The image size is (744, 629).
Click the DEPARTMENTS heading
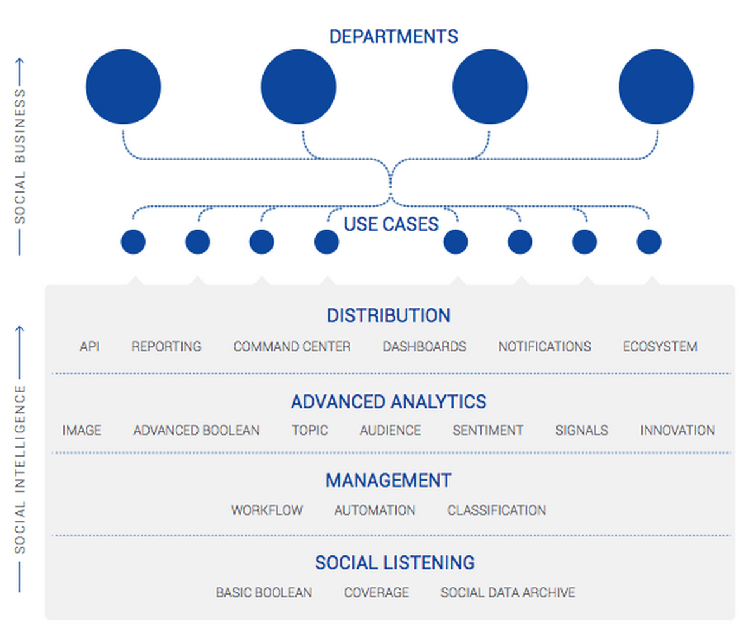pos(394,37)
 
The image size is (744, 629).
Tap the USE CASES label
pos(391,224)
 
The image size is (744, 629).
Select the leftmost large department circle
pos(124,87)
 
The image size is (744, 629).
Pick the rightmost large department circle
pos(656,87)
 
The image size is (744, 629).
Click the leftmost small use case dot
pos(133,242)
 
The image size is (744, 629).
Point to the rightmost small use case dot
pos(649,242)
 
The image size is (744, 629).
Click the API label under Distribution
pos(90,347)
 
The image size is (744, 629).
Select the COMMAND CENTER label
pos(292,347)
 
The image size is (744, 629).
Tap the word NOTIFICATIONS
pos(545,347)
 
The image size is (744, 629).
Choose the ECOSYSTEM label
pos(660,347)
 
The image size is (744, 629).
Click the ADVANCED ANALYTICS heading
pos(388,401)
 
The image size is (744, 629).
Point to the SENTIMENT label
pos(488,430)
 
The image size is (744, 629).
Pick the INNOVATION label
pos(677,430)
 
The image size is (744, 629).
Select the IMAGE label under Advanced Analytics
pos(82,430)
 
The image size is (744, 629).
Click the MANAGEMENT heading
pos(388,481)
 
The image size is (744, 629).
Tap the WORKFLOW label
pos(267,510)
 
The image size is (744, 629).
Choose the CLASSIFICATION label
pos(496,510)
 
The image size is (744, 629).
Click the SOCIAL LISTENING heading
pos(395,562)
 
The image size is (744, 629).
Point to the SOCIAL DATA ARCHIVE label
pos(508,592)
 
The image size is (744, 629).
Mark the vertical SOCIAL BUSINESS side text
pos(20,157)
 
